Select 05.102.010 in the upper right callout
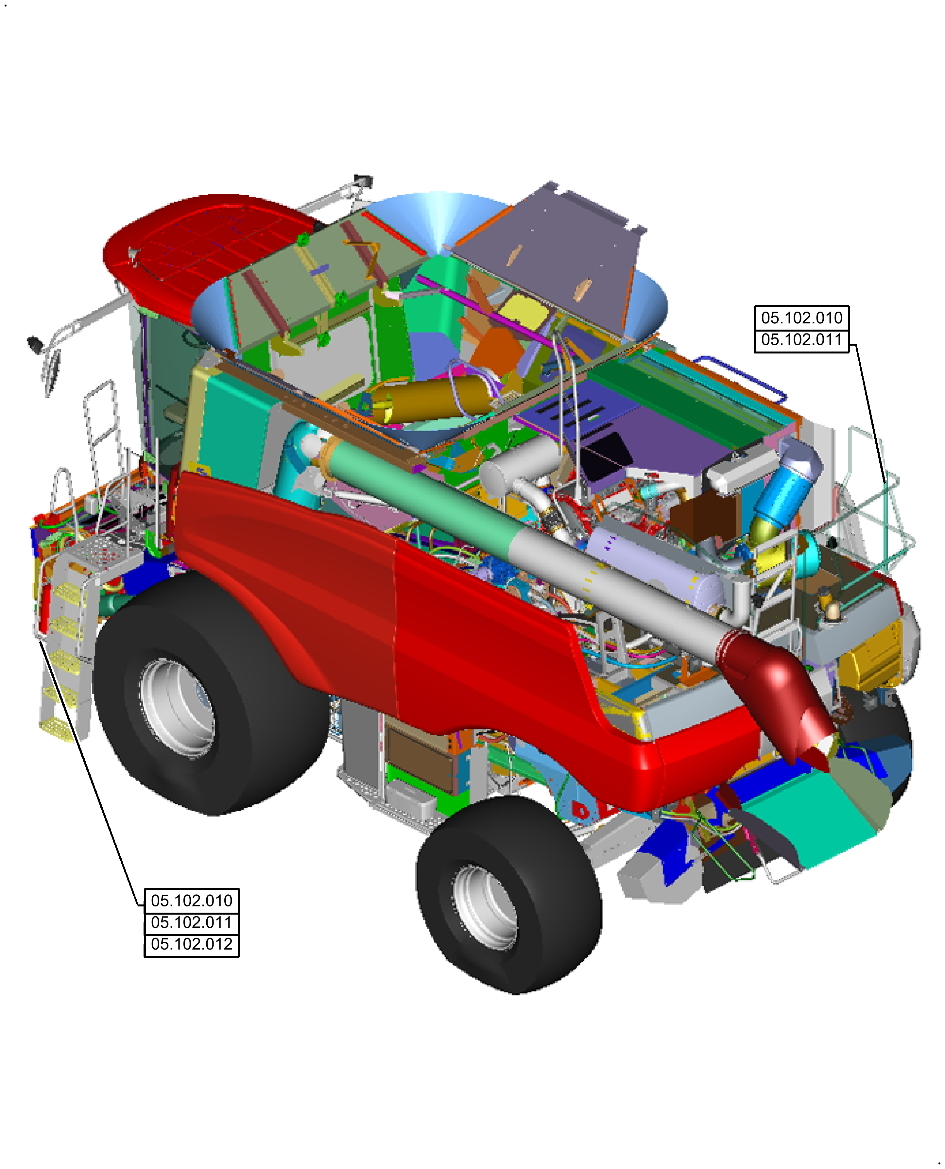coord(801,318)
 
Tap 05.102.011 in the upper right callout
coord(801,340)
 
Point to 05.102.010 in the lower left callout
coord(192,900)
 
